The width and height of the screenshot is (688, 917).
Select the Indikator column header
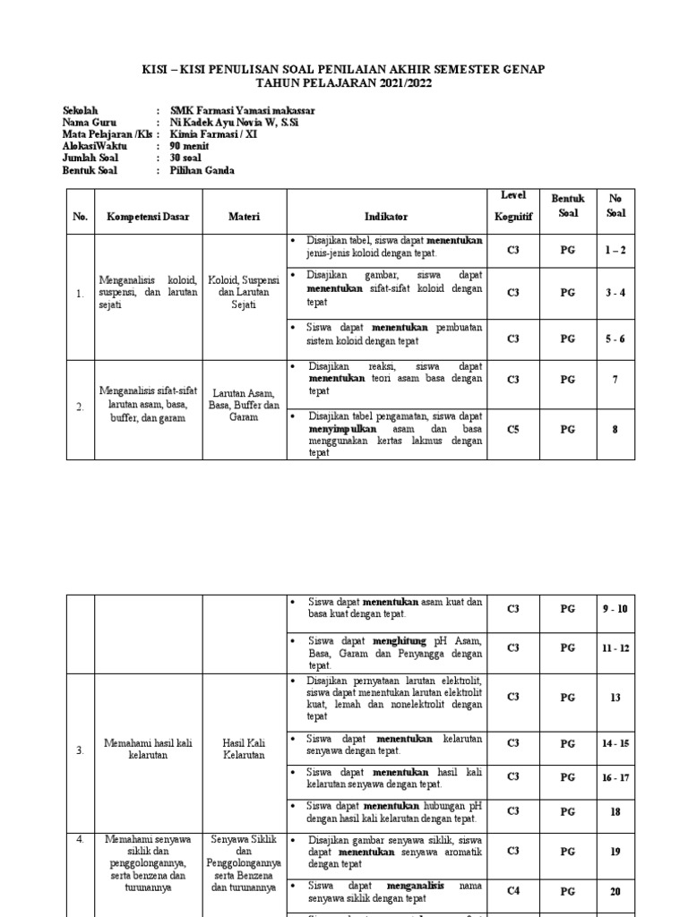[x=385, y=217]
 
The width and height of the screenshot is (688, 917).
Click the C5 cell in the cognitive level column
[x=512, y=429]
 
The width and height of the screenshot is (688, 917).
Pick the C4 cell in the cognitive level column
[x=512, y=892]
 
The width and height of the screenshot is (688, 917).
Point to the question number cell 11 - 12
[x=615, y=647]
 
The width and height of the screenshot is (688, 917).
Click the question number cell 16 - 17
[x=615, y=778]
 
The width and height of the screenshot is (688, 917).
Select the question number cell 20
[x=615, y=892]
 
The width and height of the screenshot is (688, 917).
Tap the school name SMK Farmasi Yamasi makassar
[x=243, y=111]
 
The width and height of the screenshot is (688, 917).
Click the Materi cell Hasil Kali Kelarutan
[x=244, y=749]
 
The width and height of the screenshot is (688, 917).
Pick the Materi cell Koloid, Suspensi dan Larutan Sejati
[x=244, y=292]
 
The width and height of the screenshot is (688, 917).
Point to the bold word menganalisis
[x=408, y=886]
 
